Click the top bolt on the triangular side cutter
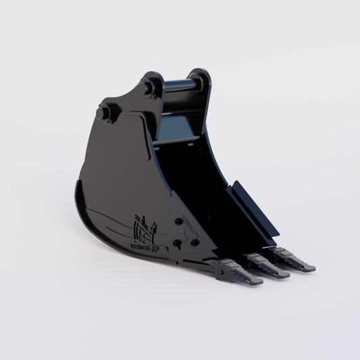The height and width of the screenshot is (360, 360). (178, 221)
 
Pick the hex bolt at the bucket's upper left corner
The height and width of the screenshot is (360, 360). (103, 113)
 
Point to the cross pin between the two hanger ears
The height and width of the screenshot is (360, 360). (179, 86)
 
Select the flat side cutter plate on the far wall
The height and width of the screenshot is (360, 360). (253, 205)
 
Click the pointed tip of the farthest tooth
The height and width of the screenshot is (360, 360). (313, 269)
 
